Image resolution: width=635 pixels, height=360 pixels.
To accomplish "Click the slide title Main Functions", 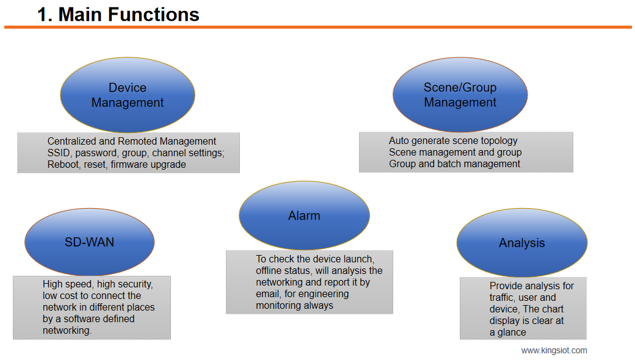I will click(118, 14).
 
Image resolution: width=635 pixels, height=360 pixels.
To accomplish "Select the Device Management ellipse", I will click(127, 95).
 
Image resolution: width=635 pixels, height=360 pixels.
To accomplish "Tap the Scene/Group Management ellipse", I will click(460, 95).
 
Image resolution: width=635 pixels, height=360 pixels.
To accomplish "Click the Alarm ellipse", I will click(304, 215).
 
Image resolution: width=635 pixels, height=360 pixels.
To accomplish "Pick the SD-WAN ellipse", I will click(89, 242).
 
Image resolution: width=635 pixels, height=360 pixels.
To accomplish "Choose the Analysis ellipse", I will click(521, 243).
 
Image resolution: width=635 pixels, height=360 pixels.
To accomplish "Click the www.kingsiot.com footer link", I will click(554, 350).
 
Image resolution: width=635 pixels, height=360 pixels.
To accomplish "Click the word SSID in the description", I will click(59, 153).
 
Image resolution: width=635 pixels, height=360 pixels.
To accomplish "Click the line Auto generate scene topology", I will click(452, 141).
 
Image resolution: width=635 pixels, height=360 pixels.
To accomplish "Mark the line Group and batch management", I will click(454, 164).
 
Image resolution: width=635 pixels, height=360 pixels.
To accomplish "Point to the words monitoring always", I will click(294, 305).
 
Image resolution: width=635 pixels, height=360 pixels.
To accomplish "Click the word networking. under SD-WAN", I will click(67, 330).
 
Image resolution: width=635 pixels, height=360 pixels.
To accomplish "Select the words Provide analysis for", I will click(531, 286).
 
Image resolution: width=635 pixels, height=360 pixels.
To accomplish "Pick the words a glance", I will click(507, 332).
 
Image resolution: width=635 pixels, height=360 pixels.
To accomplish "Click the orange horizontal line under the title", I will click(317, 27).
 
